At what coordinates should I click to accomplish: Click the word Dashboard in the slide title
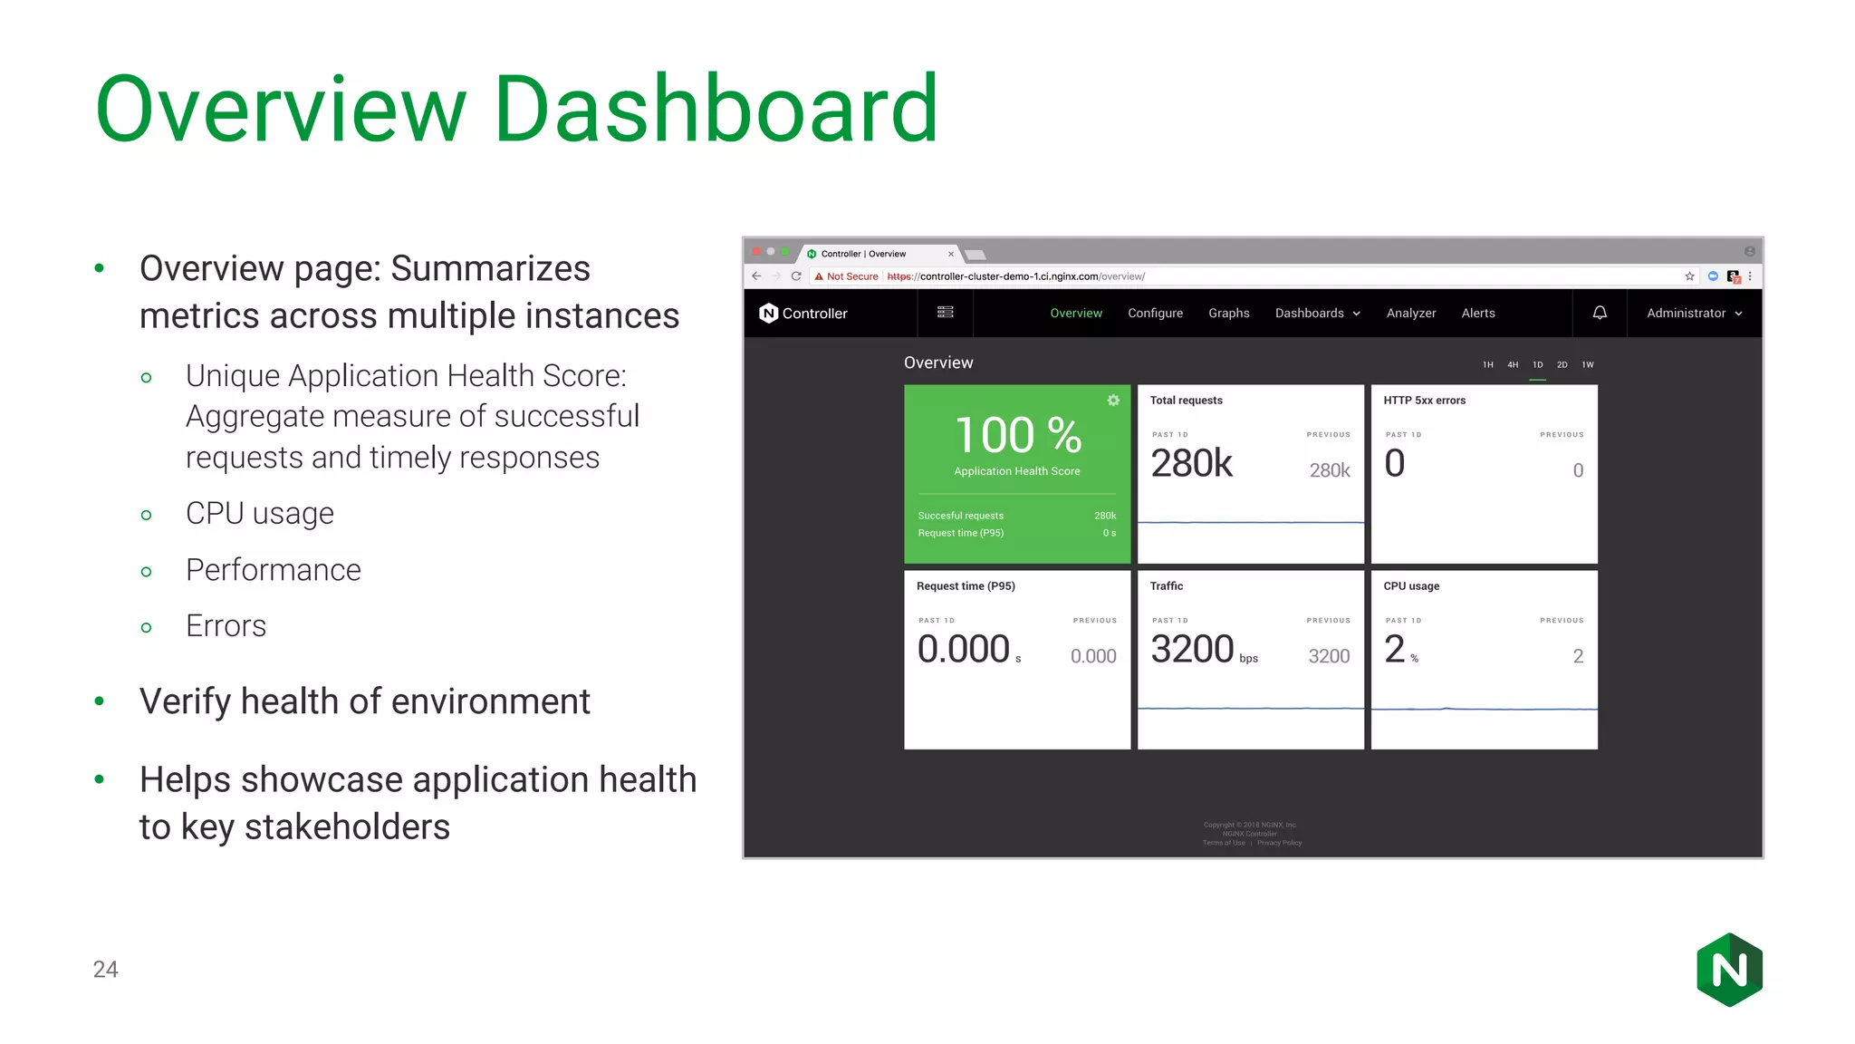tap(716, 110)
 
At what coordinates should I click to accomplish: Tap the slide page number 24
tap(105, 970)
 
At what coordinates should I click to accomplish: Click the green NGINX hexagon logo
tap(1729, 970)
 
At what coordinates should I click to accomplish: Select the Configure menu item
tap(1155, 314)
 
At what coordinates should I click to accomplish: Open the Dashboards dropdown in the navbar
tap(1317, 314)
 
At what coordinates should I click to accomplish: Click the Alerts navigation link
tap(1478, 314)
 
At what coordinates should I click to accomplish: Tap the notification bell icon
tap(1600, 313)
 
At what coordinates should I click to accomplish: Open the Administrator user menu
tap(1694, 314)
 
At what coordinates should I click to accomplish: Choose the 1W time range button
tap(1588, 365)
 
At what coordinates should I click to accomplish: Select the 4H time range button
tap(1513, 365)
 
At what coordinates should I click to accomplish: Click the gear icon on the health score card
tap(1113, 401)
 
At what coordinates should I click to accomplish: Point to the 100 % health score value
tap(1018, 436)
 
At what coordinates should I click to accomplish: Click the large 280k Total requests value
tap(1191, 464)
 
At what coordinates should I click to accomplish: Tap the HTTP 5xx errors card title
tap(1424, 401)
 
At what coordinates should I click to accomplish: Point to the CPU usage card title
tap(1411, 586)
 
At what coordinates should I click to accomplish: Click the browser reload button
tap(796, 276)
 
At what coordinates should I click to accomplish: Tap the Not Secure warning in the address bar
tap(847, 276)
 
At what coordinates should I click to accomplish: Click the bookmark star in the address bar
tap(1689, 276)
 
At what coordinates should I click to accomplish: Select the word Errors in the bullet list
tap(226, 626)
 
